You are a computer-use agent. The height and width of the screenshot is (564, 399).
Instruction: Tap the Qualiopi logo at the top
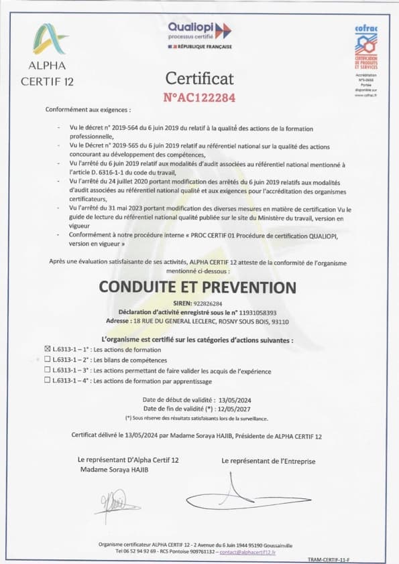pyautogui.click(x=199, y=30)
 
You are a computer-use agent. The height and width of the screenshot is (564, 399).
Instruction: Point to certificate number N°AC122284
pyautogui.click(x=199, y=97)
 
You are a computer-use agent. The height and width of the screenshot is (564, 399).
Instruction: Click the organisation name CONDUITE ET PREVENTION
pyautogui.click(x=197, y=287)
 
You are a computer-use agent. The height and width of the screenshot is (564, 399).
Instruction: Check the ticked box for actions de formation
pyautogui.click(x=47, y=350)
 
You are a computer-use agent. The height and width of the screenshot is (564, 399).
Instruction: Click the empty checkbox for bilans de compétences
pyautogui.click(x=47, y=360)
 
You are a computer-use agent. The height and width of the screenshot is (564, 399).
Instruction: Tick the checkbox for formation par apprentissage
pyautogui.click(x=47, y=380)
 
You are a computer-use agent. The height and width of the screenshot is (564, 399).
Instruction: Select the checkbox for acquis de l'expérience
pyautogui.click(x=47, y=370)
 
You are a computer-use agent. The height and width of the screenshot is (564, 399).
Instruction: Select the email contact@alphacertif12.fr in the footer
pyautogui.click(x=247, y=552)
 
